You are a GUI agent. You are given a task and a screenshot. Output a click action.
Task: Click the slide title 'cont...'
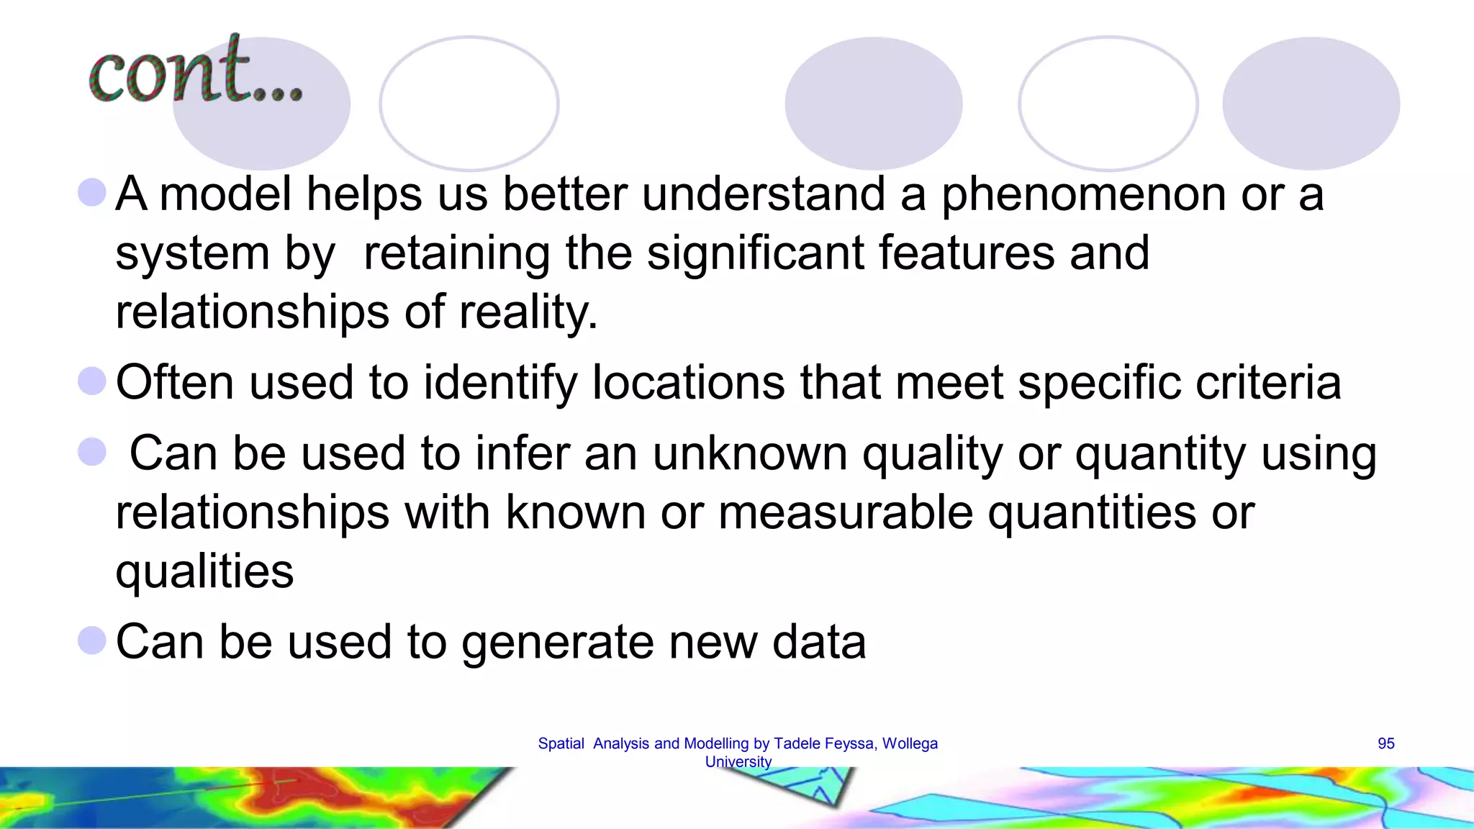(195, 72)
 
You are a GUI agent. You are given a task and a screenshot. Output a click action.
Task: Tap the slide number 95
(1385, 743)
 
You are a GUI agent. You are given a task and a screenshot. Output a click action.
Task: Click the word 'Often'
(175, 381)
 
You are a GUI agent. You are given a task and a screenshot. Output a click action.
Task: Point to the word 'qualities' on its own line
(204, 571)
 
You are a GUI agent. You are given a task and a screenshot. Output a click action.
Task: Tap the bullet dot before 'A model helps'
(92, 193)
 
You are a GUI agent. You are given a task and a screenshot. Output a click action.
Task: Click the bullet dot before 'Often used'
(92, 381)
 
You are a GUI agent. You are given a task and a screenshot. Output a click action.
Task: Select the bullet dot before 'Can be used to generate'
(92, 640)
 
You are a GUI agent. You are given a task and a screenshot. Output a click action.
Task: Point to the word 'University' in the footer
(738, 761)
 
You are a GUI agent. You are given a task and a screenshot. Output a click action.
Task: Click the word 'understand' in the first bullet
(763, 194)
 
